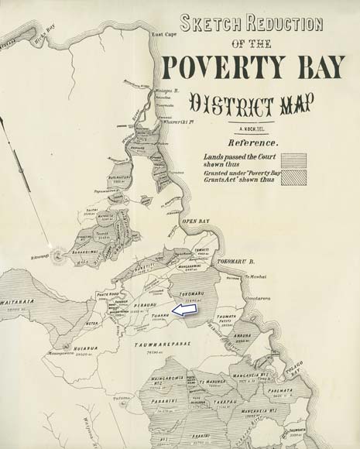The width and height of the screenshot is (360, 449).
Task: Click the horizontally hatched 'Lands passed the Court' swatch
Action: click(x=294, y=160)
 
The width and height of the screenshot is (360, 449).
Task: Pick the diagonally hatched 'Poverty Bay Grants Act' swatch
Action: click(x=294, y=177)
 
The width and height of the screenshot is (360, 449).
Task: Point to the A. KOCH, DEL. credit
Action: click(x=253, y=129)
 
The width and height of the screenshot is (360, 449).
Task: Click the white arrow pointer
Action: click(x=183, y=310)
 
